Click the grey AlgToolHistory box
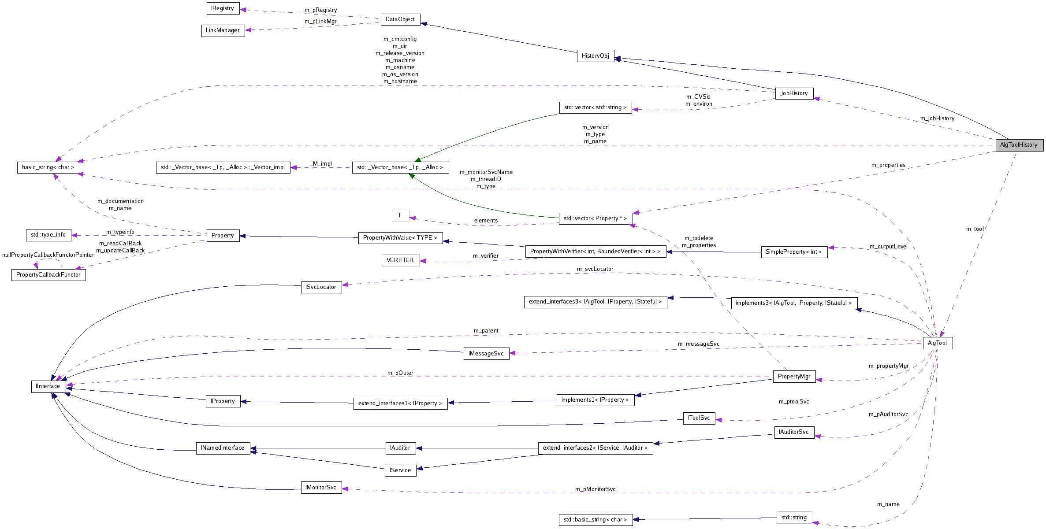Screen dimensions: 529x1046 tap(1019, 145)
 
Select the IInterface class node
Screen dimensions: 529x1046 tap(48, 386)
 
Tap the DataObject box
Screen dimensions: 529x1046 tap(400, 19)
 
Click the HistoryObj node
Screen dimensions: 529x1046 tap(595, 56)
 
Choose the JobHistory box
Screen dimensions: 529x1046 tap(794, 93)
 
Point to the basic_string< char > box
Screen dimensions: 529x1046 tap(48, 167)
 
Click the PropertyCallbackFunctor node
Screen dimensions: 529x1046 tap(48, 275)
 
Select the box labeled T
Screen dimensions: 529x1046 tap(400, 215)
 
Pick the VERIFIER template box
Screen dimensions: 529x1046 tap(400, 260)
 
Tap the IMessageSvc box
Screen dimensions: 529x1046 tap(486, 354)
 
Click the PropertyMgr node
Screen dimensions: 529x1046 tap(794, 377)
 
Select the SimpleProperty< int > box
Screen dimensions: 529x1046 tap(794, 252)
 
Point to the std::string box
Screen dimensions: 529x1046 tap(794, 518)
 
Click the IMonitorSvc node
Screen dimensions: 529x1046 tap(321, 488)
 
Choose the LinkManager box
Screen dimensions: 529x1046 tap(223, 30)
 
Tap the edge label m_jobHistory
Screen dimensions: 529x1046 tap(937, 118)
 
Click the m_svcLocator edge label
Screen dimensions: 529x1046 tap(595, 269)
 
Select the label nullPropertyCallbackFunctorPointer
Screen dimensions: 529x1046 tap(48, 255)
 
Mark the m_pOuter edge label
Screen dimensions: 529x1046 tap(400, 373)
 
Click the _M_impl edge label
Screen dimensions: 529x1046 tap(321, 164)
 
